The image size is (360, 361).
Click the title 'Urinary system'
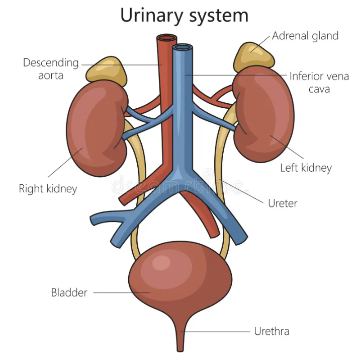[184, 15]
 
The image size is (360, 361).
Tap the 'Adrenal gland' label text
[305, 36]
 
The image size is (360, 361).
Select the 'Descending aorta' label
[51, 69]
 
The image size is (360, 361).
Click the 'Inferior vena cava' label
[319, 82]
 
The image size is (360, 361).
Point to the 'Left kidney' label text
[306, 168]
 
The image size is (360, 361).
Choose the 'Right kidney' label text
[48, 189]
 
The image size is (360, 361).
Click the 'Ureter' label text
[283, 203]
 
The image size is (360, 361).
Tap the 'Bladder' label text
[69, 293]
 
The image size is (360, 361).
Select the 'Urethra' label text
[272, 331]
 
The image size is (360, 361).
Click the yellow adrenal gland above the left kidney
[254, 56]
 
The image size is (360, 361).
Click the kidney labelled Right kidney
[93, 128]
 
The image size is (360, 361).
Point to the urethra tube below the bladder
[181, 337]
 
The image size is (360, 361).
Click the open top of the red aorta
[166, 38]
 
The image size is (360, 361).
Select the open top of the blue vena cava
[183, 48]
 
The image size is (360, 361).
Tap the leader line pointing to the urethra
[216, 331]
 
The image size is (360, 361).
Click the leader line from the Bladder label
[121, 293]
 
